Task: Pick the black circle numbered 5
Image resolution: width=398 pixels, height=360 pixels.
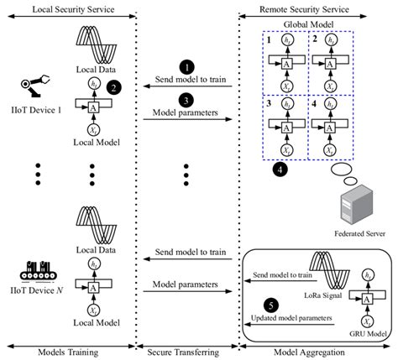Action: click(x=270, y=303)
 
